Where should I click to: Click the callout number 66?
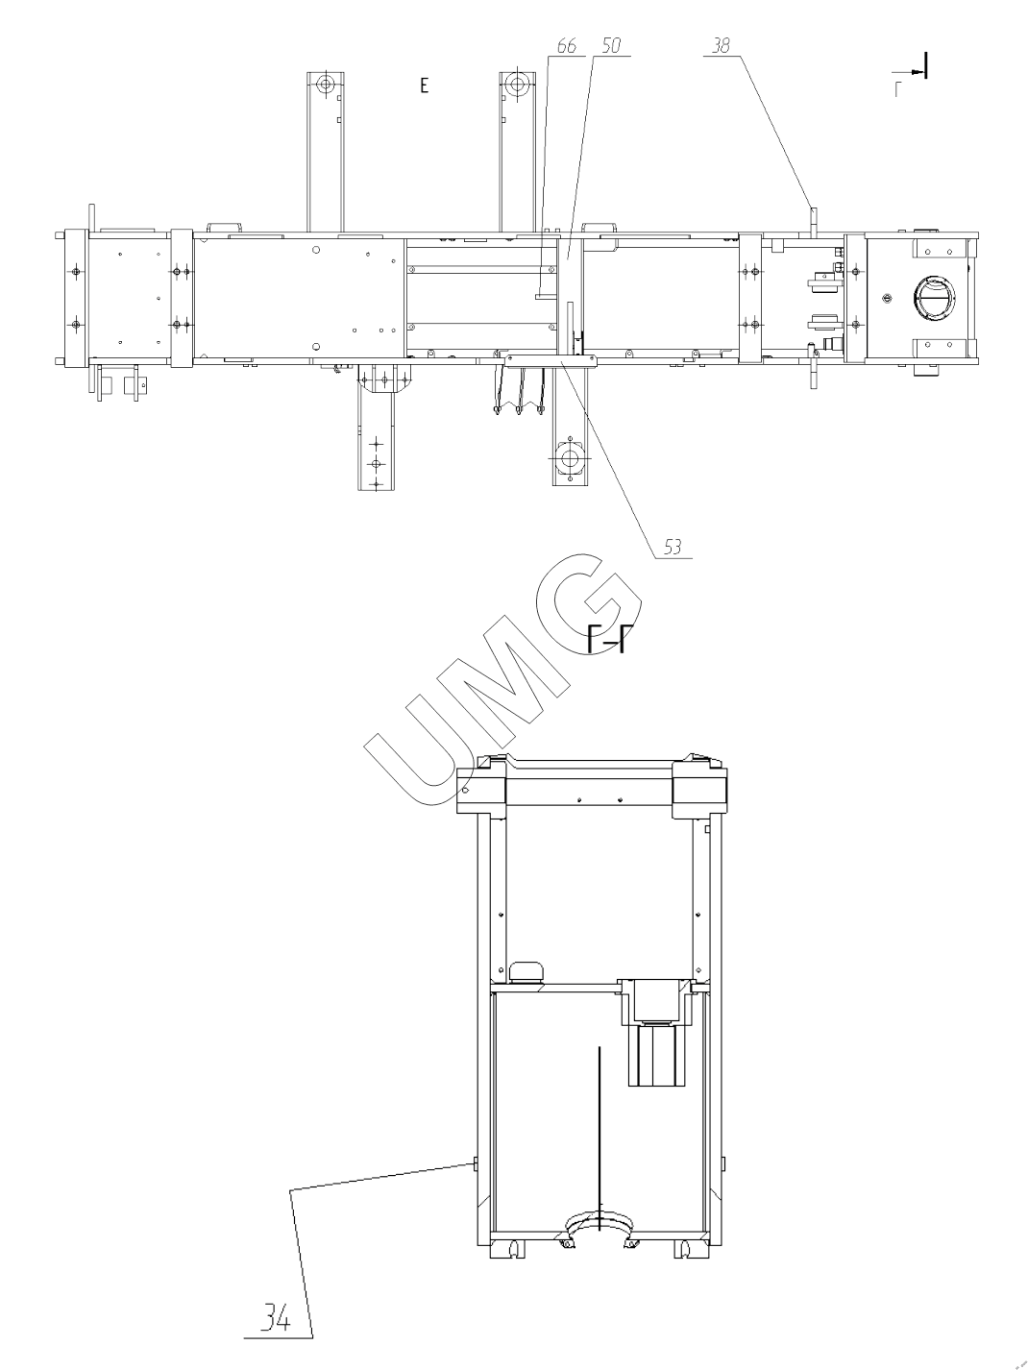pos(566,46)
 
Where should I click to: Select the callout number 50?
pos(612,46)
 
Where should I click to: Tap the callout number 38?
pos(721,45)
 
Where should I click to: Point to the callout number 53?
pos(673,548)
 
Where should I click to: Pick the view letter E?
pos(425,86)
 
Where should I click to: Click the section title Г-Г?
pos(606,641)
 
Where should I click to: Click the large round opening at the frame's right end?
pos(935,299)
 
